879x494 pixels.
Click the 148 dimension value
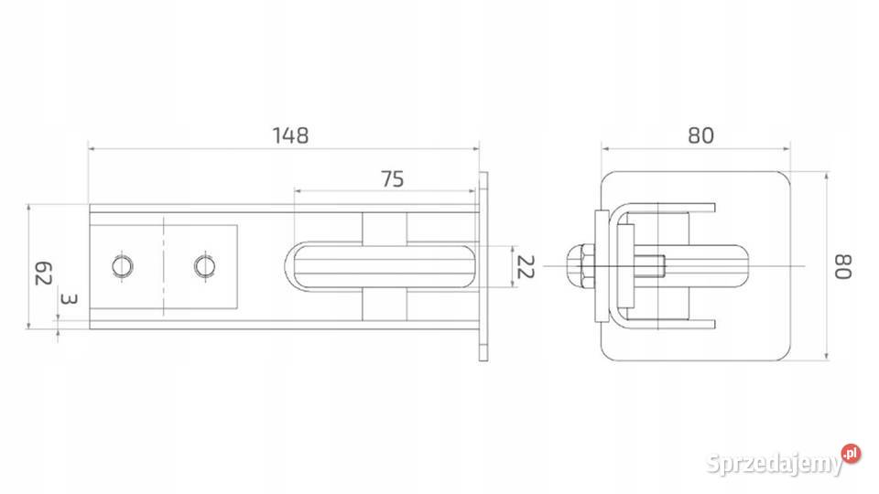click(x=290, y=135)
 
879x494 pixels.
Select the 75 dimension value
click(x=393, y=179)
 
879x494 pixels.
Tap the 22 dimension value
click(x=526, y=266)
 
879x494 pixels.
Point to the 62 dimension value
click(x=43, y=273)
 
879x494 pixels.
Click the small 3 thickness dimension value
click(x=69, y=299)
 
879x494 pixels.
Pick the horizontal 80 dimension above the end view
click(x=700, y=135)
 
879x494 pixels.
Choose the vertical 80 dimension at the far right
click(x=843, y=266)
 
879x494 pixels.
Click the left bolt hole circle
click(x=122, y=266)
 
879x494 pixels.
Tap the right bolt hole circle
click(x=204, y=266)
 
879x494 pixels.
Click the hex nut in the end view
click(x=579, y=266)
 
